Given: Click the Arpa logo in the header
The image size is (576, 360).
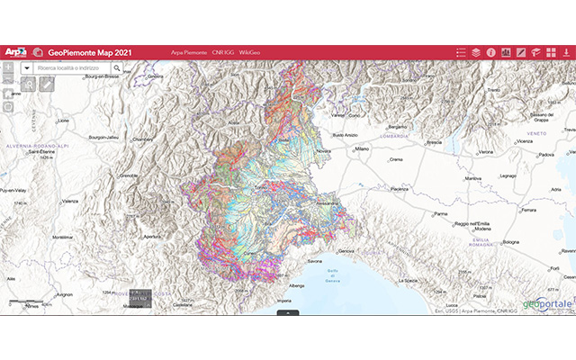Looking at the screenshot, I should (15, 52).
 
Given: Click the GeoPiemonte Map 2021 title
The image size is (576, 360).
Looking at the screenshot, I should (91, 52).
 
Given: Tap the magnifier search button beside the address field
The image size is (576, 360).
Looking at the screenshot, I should (117, 67).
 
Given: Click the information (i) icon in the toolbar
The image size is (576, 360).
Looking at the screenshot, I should (491, 52).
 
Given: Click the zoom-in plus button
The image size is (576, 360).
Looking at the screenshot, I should (8, 67).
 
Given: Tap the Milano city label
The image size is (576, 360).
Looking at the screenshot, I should (362, 148).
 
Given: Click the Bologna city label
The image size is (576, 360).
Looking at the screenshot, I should (511, 242).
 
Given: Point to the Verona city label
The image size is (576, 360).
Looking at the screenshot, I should (486, 151).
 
